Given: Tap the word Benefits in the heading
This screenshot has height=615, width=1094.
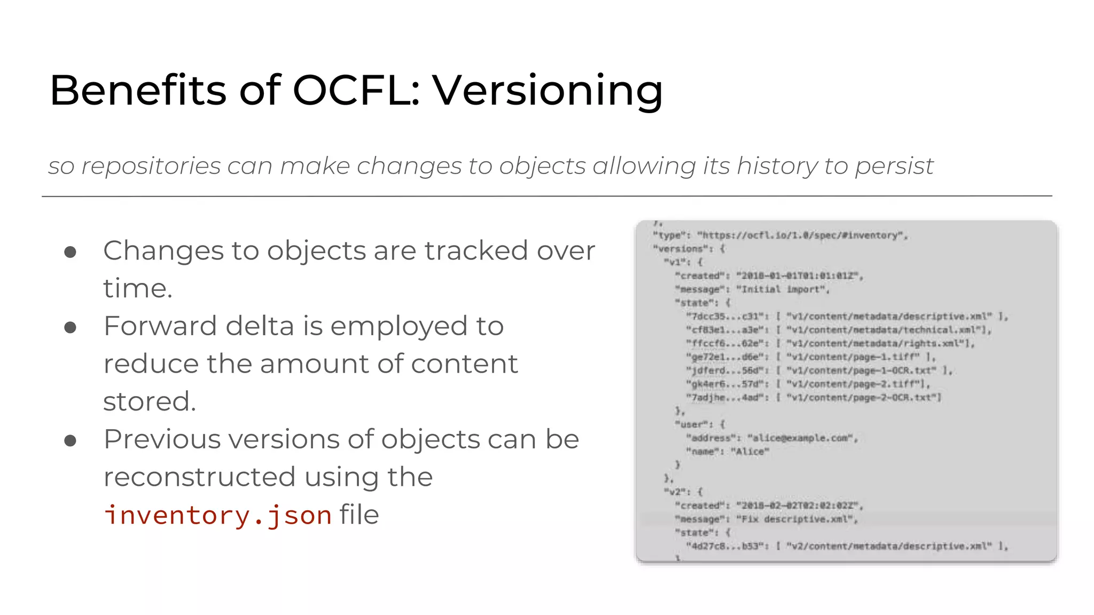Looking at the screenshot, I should (138, 90).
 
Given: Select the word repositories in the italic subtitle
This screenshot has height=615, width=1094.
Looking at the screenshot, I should (151, 166).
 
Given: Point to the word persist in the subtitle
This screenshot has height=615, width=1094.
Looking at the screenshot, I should (894, 166).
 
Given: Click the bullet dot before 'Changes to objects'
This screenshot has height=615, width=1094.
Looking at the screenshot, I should (70, 252).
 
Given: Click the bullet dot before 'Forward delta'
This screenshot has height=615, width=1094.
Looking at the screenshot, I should (70, 327).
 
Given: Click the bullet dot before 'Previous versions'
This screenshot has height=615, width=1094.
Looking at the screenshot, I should (70, 440).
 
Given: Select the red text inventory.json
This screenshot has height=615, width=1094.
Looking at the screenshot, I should (218, 515).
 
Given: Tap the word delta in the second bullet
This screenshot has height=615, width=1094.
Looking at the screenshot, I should (260, 326).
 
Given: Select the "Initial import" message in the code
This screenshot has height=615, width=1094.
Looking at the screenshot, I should (783, 289).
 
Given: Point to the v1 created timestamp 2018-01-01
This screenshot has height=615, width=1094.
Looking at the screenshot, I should (798, 276).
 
